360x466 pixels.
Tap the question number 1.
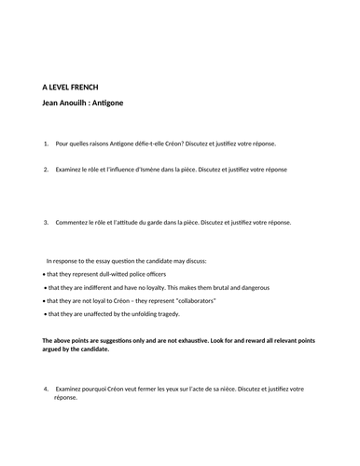coord(46,144)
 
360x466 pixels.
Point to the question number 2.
coord(46,170)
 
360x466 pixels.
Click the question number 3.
coord(46,223)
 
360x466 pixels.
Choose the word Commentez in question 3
coord(75,223)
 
